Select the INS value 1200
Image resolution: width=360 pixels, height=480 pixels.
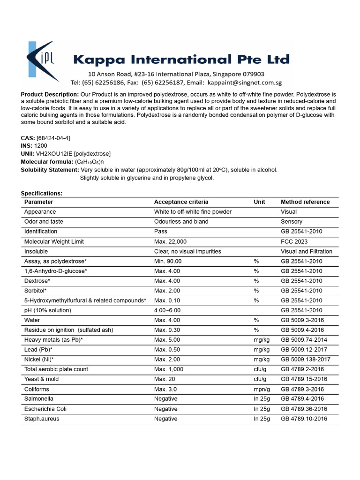pyautogui.click(x=41, y=146)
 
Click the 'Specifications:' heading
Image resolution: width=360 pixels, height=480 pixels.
pyautogui.click(x=42, y=194)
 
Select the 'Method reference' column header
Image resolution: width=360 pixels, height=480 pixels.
pyautogui.click(x=305, y=202)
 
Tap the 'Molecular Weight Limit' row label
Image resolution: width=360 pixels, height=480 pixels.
pyautogui.click(x=54, y=241)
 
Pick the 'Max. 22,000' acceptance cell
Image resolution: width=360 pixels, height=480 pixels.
pyautogui.click(x=170, y=241)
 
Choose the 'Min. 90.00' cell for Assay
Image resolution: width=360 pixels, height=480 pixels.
pyautogui.click(x=168, y=261)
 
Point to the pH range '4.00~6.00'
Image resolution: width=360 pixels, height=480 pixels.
pyautogui.click(x=167, y=310)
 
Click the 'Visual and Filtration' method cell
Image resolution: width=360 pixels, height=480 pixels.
pyautogui.click(x=307, y=251)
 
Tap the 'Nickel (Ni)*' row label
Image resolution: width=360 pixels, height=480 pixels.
pyautogui.click(x=39, y=360)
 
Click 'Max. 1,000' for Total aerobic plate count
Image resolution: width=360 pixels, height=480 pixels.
pyautogui.click(x=169, y=369)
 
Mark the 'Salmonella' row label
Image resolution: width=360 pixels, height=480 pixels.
pyautogui.click(x=39, y=399)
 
